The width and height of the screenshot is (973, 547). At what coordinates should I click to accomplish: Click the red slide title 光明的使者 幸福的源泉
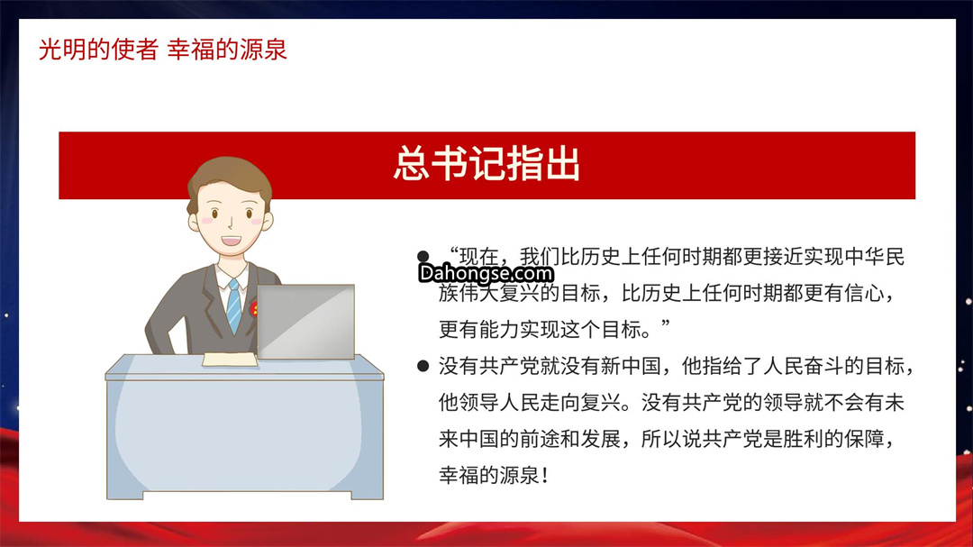coord(162,50)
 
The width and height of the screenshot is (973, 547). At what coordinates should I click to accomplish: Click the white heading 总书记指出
coord(487,165)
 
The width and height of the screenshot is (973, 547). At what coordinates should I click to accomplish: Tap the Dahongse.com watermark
coord(486,273)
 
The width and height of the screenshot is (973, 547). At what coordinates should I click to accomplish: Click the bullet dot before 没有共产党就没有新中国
coord(423,367)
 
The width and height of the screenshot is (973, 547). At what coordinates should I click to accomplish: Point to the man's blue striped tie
coord(234,306)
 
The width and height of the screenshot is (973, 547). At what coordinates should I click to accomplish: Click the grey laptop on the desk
coord(306,322)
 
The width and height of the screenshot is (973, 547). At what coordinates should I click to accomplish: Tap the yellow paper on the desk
coord(230,359)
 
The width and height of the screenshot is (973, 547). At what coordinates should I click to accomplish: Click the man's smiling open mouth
coord(231,241)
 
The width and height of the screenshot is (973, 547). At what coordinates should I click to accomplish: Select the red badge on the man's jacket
coord(253,308)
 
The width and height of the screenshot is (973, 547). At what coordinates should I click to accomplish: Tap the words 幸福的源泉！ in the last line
coord(494,476)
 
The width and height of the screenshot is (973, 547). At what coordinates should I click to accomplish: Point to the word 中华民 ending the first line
coord(874,257)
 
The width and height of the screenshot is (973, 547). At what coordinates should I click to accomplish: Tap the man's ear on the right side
coord(268,222)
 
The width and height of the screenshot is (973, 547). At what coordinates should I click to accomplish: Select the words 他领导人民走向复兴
coord(530,403)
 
